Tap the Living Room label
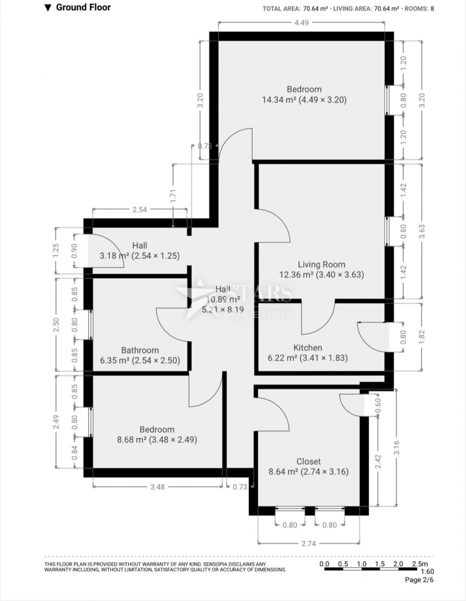click(x=321, y=265)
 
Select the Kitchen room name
click(x=308, y=348)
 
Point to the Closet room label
click(x=308, y=461)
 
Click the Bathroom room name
click(x=140, y=351)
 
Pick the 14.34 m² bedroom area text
click(x=304, y=100)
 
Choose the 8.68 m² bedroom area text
click(x=156, y=440)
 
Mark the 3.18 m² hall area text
click(x=139, y=256)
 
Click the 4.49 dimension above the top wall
click(x=301, y=23)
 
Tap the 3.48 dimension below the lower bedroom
click(x=157, y=487)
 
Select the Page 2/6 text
click(x=419, y=580)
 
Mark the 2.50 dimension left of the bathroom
click(x=56, y=324)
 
